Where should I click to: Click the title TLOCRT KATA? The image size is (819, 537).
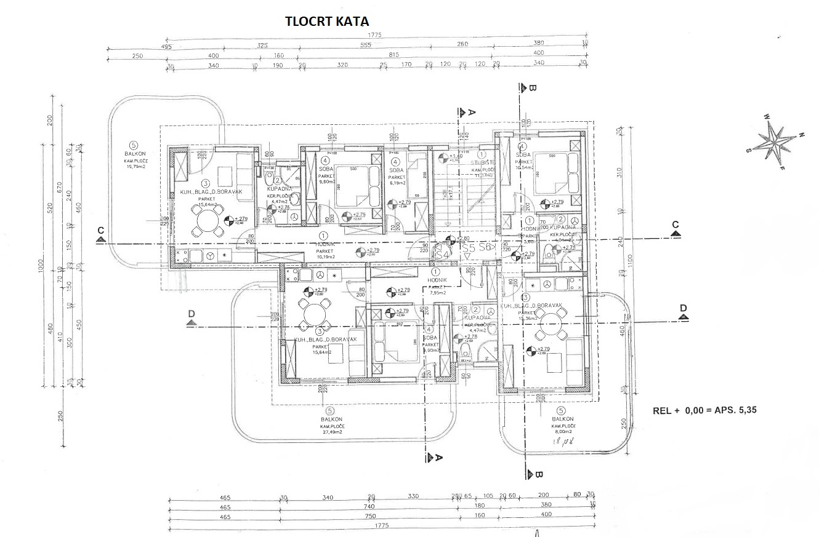(327, 21)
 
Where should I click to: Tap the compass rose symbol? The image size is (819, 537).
(776, 141)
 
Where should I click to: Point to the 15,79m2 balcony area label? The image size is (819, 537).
(136, 166)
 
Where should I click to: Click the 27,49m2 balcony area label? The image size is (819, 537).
(331, 432)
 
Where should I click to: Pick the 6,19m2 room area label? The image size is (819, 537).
(397, 183)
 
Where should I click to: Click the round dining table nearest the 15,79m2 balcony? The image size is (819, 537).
(207, 220)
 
